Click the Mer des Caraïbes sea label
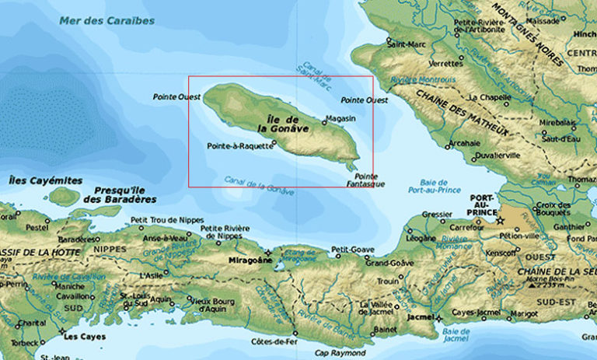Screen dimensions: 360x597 [x=106, y=20]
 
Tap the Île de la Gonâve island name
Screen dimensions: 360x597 [x=279, y=123]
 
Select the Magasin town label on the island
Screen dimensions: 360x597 [x=341, y=118]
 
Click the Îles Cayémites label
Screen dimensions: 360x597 [x=45, y=180]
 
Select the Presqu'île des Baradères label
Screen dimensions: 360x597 [x=124, y=194]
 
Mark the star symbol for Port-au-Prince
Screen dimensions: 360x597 [x=500, y=221]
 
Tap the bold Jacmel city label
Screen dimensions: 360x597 [x=417, y=318]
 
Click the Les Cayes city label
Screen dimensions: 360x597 [x=80, y=337]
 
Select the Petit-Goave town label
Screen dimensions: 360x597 [x=347, y=249]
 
